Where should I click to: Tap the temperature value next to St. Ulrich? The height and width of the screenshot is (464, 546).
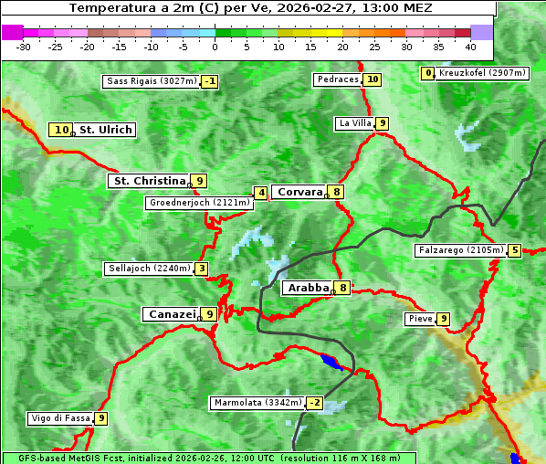click(x=61, y=130)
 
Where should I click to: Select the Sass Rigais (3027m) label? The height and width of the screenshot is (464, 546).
click(x=151, y=81)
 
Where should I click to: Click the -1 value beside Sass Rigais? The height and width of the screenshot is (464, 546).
click(x=210, y=81)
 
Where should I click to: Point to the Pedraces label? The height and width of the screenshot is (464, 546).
click(x=338, y=79)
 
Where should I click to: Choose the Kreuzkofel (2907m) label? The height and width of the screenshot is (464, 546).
click(x=481, y=73)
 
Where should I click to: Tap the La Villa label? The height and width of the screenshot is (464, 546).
click(x=354, y=123)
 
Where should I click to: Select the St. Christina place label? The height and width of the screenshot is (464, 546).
click(x=148, y=181)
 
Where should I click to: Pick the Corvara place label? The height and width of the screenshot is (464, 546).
click(x=299, y=192)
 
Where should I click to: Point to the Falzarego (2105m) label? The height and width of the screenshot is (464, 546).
click(x=460, y=250)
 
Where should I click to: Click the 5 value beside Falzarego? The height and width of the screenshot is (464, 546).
click(x=515, y=250)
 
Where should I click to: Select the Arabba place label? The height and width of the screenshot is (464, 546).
click(x=308, y=288)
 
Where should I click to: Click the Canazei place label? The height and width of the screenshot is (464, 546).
click(x=171, y=313)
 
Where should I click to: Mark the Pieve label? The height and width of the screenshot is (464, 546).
click(x=420, y=319)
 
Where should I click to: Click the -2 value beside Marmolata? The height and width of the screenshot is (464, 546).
click(x=315, y=403)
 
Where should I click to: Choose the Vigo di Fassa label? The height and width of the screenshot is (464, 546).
click(x=60, y=418)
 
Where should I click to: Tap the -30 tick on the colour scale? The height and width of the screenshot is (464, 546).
click(x=24, y=46)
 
